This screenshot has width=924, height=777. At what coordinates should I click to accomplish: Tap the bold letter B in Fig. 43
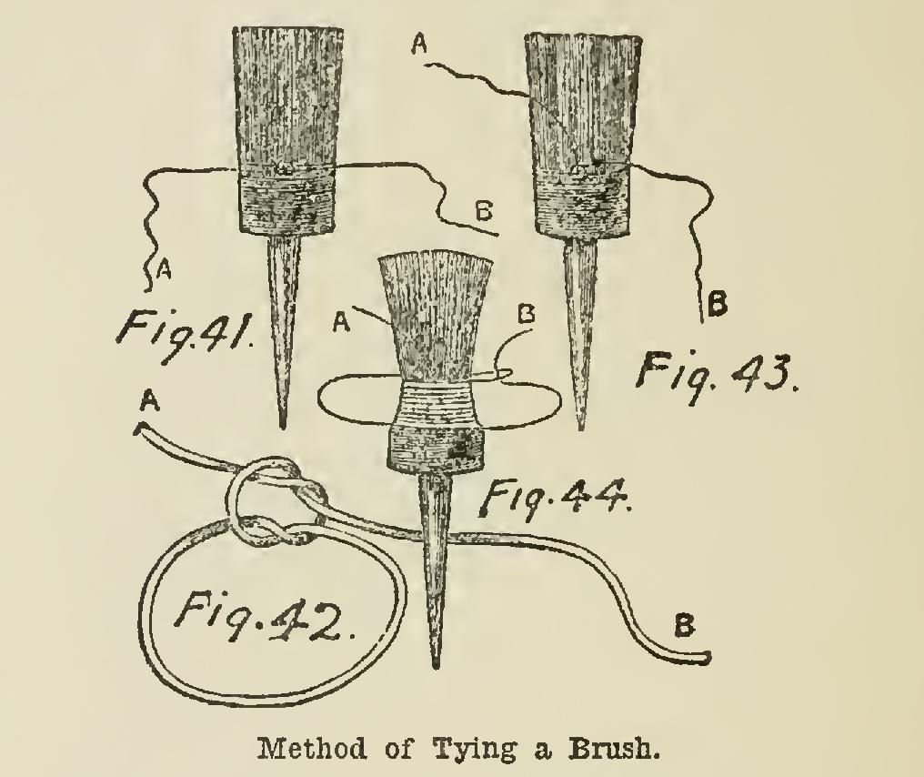[x=717, y=306]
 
